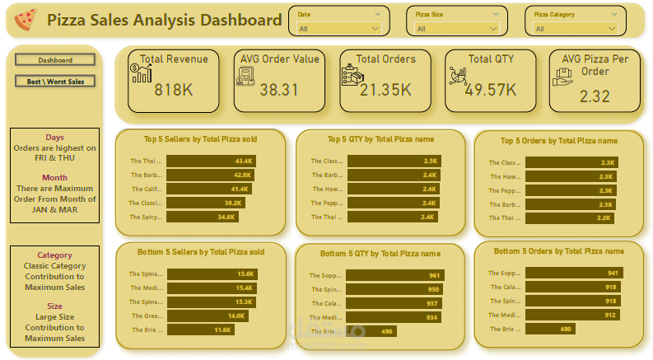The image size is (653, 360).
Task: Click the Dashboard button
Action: point(55,60)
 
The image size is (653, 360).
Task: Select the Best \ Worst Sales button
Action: point(55,82)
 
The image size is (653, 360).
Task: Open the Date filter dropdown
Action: point(339,29)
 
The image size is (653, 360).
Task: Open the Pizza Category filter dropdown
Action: point(576,29)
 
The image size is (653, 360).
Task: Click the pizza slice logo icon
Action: point(26,18)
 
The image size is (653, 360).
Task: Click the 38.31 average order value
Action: point(279,90)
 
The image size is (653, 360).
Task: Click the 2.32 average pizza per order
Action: point(595,96)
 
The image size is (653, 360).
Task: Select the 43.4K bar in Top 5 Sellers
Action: point(211,161)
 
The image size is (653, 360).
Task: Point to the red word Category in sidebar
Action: point(54,255)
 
